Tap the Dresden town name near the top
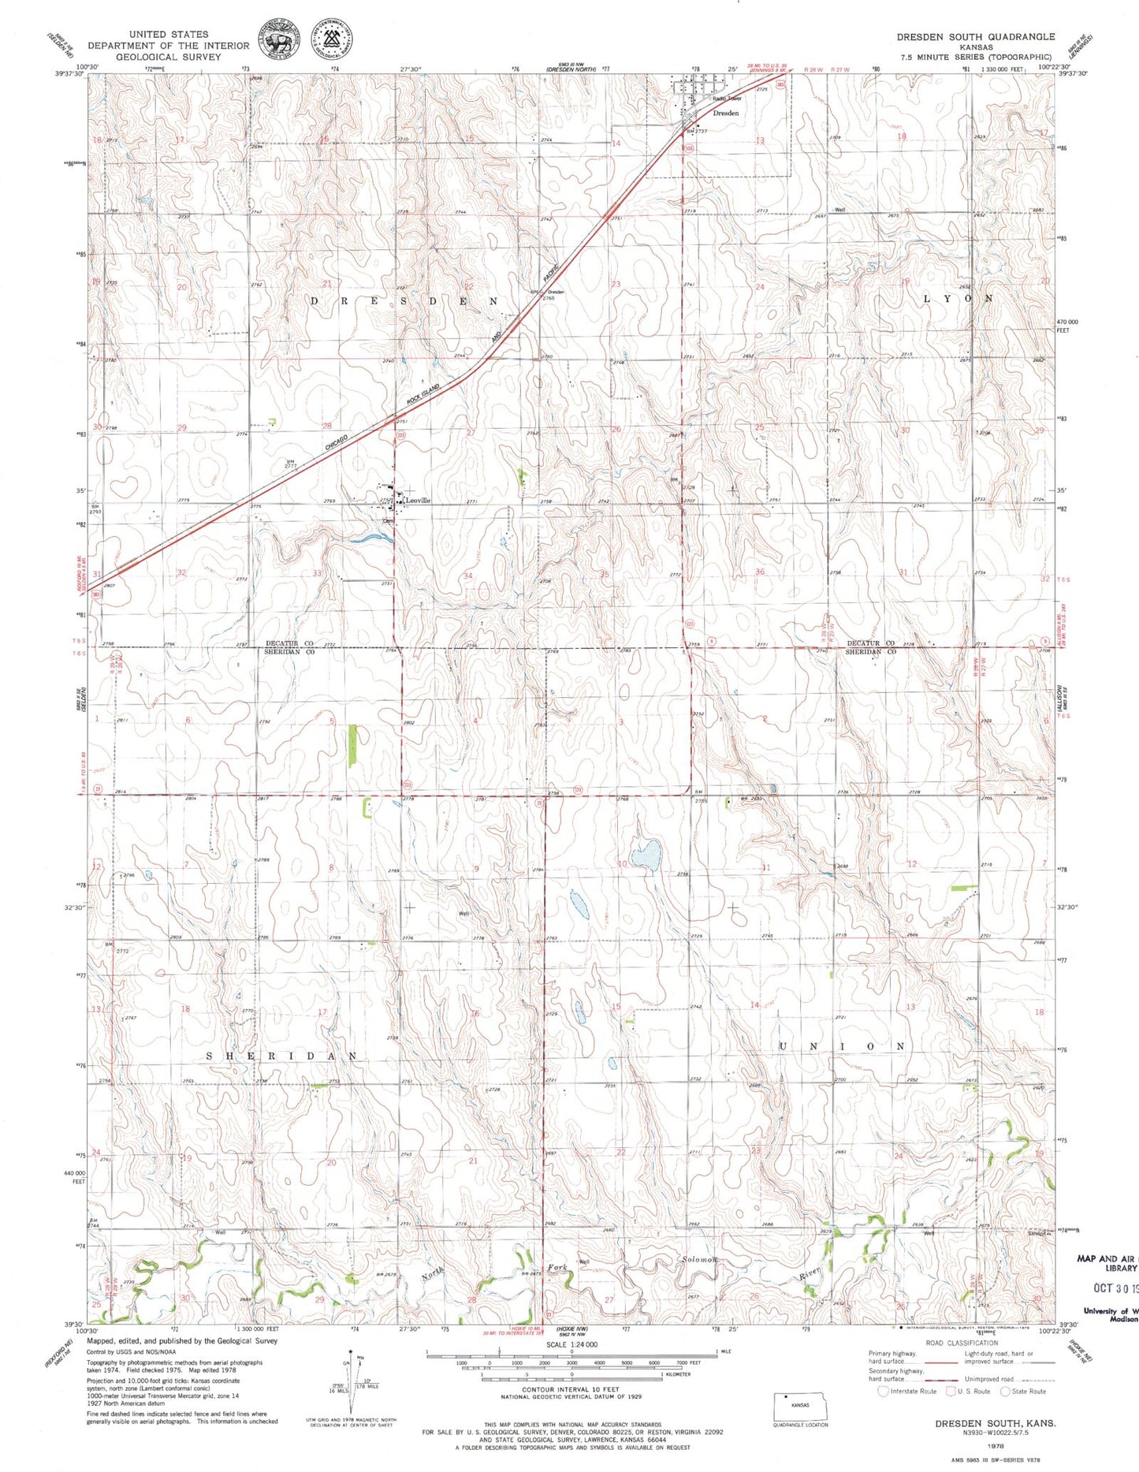pyautogui.click(x=725, y=114)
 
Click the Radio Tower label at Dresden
pyautogui.click(x=727, y=99)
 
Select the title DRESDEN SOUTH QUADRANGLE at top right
pyautogui.click(x=975, y=36)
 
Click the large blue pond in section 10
pyautogui.click(x=646, y=855)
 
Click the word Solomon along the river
pyautogui.click(x=700, y=1282)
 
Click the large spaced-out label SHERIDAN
pyautogui.click(x=282, y=1056)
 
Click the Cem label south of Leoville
pyautogui.click(x=387, y=521)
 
